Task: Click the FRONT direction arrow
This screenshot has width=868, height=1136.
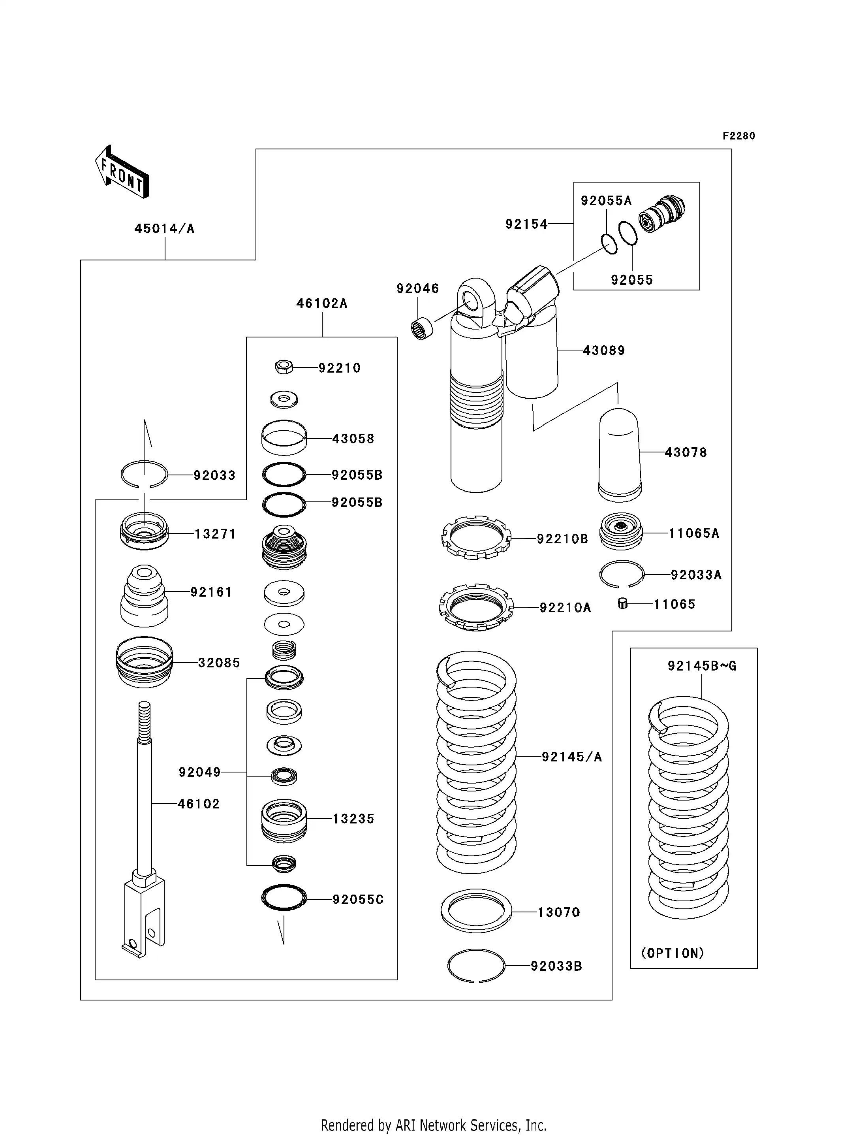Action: click(122, 173)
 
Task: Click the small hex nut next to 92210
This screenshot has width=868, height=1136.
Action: click(284, 367)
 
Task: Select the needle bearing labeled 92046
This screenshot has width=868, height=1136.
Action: click(423, 329)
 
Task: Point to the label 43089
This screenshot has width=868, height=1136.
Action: click(603, 350)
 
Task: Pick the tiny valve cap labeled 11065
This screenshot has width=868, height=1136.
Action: click(623, 604)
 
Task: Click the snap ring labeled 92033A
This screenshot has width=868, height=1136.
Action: click(622, 574)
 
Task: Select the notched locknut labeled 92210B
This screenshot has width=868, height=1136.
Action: click(476, 537)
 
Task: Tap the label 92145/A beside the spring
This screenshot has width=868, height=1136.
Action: click(571, 757)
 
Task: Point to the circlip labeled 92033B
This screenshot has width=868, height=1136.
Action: click(476, 965)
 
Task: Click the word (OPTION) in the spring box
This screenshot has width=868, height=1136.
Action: click(672, 953)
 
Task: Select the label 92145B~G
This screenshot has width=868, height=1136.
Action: click(702, 666)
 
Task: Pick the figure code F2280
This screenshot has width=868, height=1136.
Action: click(738, 136)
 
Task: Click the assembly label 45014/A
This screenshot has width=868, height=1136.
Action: click(164, 228)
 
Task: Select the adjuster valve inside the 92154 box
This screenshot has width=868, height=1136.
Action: click(661, 213)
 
